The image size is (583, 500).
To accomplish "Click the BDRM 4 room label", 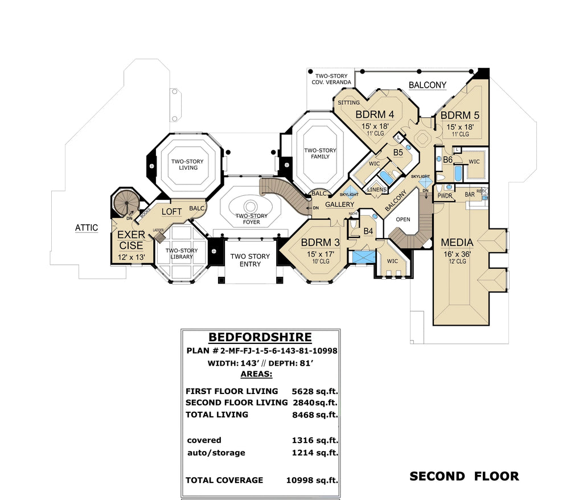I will point(375,114).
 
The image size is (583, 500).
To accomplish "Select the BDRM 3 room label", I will point(321,243).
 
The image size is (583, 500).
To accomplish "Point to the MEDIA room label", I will point(457,243).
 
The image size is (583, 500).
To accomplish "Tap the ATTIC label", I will point(87,228).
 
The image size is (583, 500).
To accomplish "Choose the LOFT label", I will point(171,212).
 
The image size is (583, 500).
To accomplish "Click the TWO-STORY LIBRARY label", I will point(182,253).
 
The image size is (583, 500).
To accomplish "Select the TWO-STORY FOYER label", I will point(252,219).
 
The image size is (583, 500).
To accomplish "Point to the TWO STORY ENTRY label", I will point(250,260).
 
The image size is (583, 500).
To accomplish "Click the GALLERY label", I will point(340,204).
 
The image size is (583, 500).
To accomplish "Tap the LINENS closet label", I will point(377,190).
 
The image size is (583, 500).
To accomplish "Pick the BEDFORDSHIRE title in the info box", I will point(260,337).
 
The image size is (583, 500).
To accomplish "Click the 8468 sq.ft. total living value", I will point(314,415).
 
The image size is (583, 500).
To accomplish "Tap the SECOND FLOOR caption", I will point(464,476).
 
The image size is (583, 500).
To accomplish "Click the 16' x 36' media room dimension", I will point(457,255).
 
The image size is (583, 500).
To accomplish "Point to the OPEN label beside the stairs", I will point(403,219).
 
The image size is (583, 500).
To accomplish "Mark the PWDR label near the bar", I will point(445,195).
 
